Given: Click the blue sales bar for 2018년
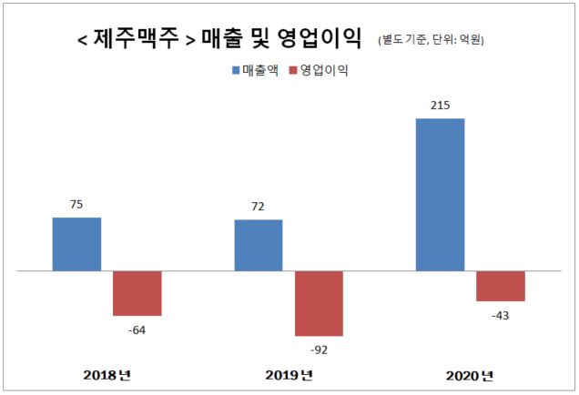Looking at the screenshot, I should point(76,244).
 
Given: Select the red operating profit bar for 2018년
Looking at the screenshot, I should point(137,293).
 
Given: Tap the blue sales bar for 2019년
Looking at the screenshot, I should point(259,245).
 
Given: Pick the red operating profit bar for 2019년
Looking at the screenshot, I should point(319,303).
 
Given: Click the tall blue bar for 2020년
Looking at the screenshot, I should point(440,195).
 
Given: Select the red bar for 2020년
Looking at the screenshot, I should point(501,286).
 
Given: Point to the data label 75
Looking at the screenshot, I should point(76,205).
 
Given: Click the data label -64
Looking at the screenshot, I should point(137,329).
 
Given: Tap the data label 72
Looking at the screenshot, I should point(259,208).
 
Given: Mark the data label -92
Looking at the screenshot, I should point(319,349).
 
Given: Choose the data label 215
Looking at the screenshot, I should point(440,106).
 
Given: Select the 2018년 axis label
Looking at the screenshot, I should point(107,375).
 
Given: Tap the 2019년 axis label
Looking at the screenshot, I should point(288,375).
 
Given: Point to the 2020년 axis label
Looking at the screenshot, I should point(470,375).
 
